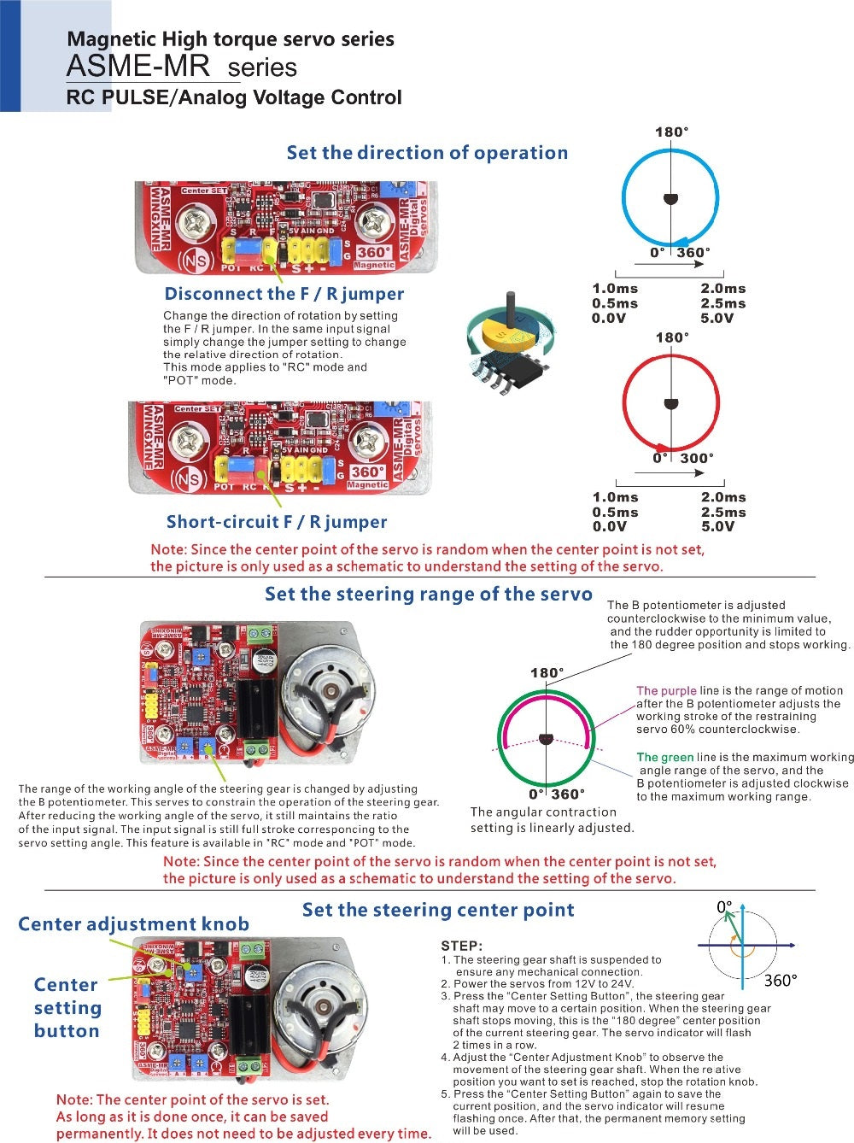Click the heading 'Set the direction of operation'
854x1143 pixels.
427,153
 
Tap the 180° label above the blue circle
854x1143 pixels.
671,132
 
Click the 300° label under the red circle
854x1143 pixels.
696,459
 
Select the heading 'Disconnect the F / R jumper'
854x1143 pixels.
284,294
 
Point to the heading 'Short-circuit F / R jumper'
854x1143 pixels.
276,522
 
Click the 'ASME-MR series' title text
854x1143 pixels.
182,67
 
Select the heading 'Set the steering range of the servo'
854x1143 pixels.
428,595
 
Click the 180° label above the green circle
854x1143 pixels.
547,673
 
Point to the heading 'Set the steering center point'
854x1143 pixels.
438,910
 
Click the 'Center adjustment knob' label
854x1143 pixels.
133,924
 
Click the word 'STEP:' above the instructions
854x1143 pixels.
461,946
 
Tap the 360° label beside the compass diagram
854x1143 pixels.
780,980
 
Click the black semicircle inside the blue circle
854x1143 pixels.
671,200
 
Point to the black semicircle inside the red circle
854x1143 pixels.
670,403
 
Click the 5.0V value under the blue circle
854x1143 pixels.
717,319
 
